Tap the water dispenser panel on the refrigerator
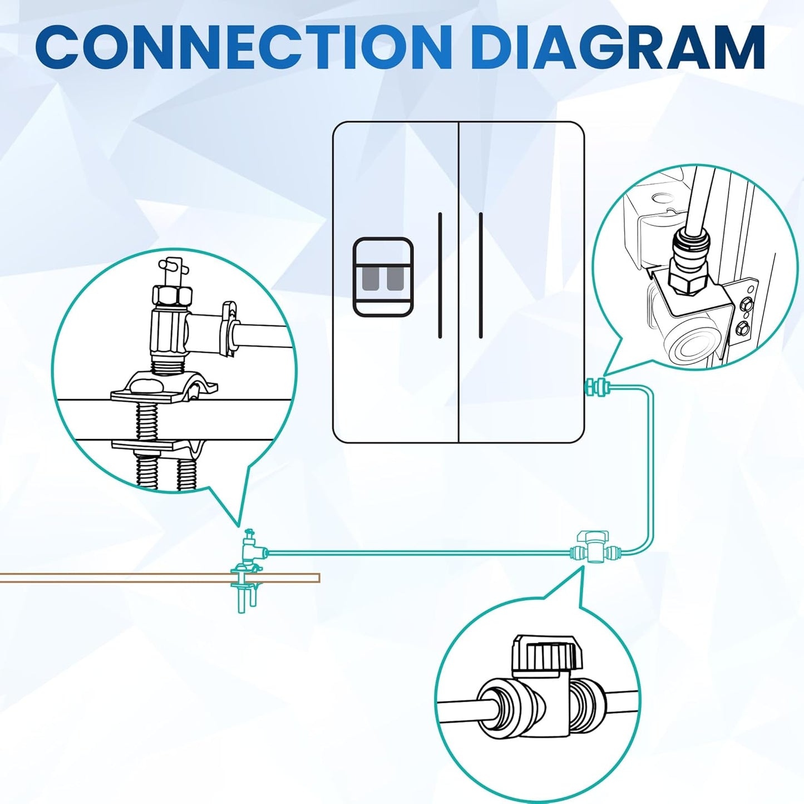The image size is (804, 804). coord(383,277)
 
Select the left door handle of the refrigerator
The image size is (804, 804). coord(440,275)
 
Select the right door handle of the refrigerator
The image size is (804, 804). coord(481,275)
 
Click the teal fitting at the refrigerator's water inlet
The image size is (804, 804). coord(597,385)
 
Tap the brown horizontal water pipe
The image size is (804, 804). coord(139,578)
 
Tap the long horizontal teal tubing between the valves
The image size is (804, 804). coord(417,552)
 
